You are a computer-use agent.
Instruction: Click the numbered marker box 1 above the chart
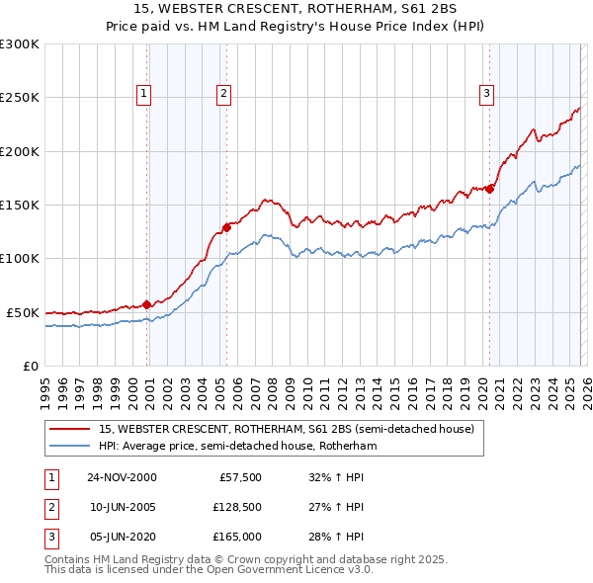tap(143, 94)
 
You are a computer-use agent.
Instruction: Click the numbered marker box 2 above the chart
tap(224, 94)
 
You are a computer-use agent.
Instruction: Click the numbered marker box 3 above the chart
tap(487, 94)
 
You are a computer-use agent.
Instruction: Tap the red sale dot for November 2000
tap(147, 304)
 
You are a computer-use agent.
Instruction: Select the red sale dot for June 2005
tap(226, 227)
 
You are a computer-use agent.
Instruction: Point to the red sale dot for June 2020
tap(489, 189)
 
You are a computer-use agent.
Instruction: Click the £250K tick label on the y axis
tap(19, 98)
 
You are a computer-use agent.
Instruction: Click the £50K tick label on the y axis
tap(22, 312)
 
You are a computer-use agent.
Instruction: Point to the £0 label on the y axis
tap(30, 366)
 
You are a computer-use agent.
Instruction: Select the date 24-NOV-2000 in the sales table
tap(122, 476)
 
